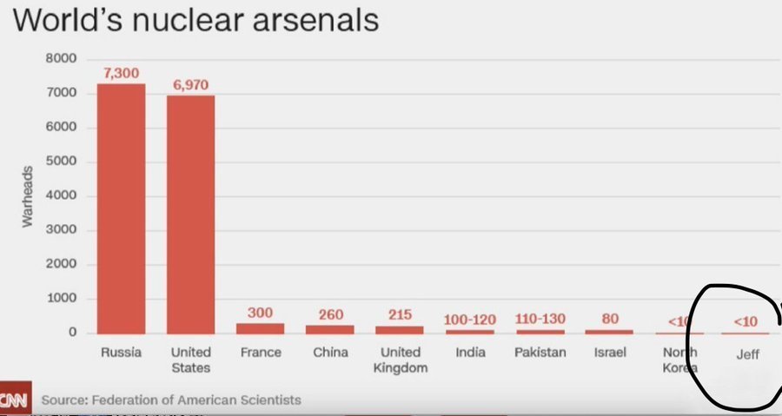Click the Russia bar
121,208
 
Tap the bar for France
260,328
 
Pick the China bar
329,329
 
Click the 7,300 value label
121,73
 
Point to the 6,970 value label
190,84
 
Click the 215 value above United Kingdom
400,314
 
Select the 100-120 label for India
469,320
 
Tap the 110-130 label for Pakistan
540,319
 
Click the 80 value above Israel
610,319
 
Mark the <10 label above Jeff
745,321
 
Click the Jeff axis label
747,353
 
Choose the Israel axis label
610,353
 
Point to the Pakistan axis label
540,353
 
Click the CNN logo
15,400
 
